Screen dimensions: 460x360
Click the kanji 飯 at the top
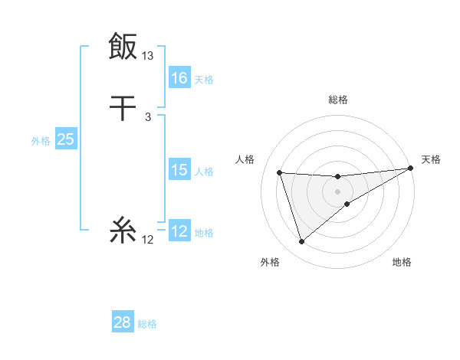pos(123,46)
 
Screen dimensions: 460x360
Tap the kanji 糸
pos(123,230)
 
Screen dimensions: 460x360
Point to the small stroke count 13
pos(148,56)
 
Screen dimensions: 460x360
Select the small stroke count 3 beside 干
pos(148,116)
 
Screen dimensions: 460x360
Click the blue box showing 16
pos(179,78)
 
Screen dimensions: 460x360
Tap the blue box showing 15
pos(179,170)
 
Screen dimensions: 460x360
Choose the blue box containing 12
pos(179,231)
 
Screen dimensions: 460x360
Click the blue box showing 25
pos(65,139)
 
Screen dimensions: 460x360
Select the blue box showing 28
pos(123,322)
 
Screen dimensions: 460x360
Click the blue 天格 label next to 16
pos(204,80)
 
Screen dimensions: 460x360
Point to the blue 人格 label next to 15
pos(204,172)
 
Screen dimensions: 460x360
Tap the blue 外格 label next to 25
pos(41,141)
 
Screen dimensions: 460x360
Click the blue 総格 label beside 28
pos(147,324)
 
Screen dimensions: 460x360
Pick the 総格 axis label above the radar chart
pos(338,100)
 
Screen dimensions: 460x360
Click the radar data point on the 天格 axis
pos(411,169)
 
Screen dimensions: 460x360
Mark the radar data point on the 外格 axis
pos(301,242)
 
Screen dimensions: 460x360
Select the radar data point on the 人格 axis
pos(280,172)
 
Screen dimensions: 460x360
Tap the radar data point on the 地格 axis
pos(347,204)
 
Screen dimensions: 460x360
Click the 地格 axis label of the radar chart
pos(402,263)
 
